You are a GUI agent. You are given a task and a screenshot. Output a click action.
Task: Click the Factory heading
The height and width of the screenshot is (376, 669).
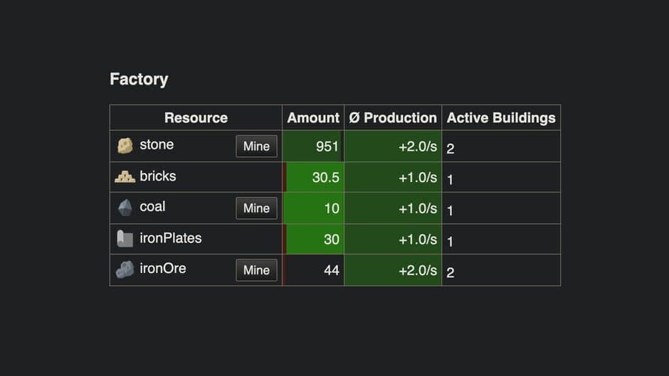pyautogui.click(x=139, y=79)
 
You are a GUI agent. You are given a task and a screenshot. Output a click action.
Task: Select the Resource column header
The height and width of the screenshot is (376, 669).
pyautogui.click(x=196, y=118)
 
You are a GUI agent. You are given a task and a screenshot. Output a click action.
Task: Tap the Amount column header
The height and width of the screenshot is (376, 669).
pyautogui.click(x=313, y=118)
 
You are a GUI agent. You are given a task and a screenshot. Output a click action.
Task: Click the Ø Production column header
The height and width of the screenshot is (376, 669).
pyautogui.click(x=393, y=118)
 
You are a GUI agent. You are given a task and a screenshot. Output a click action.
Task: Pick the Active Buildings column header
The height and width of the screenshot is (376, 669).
pyautogui.click(x=501, y=118)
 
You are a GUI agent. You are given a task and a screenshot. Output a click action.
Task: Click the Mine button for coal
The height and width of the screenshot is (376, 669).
pyautogui.click(x=256, y=208)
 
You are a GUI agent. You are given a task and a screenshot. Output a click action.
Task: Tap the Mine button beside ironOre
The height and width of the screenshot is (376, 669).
pyautogui.click(x=256, y=270)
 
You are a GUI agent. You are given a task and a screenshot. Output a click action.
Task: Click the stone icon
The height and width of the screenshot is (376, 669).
pyautogui.click(x=125, y=146)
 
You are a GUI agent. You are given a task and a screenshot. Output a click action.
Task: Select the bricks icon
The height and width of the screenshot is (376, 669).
pyautogui.click(x=125, y=176)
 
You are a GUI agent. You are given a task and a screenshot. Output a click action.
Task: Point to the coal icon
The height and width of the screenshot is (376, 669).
pyautogui.click(x=125, y=208)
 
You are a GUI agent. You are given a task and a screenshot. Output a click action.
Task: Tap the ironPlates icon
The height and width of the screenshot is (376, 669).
pyautogui.click(x=125, y=239)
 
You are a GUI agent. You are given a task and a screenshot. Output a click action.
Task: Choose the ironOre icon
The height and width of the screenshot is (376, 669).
pyautogui.click(x=125, y=270)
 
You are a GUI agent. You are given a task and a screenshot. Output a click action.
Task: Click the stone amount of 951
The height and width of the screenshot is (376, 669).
pyautogui.click(x=327, y=146)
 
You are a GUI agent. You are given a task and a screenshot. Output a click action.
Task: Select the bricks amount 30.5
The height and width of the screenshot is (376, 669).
pyautogui.click(x=325, y=178)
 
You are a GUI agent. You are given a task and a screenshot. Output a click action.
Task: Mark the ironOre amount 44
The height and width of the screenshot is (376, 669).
pyautogui.click(x=332, y=270)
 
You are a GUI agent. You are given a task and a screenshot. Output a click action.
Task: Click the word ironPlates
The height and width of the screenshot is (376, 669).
pyautogui.click(x=171, y=238)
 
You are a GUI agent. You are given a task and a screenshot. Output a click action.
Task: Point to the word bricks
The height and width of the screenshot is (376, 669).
pyautogui.click(x=158, y=176)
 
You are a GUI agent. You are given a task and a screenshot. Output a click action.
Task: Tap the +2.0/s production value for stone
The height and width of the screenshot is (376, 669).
pyautogui.click(x=418, y=146)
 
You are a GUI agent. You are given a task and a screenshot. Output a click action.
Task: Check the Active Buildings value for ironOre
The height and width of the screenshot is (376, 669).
pyautogui.click(x=451, y=272)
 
